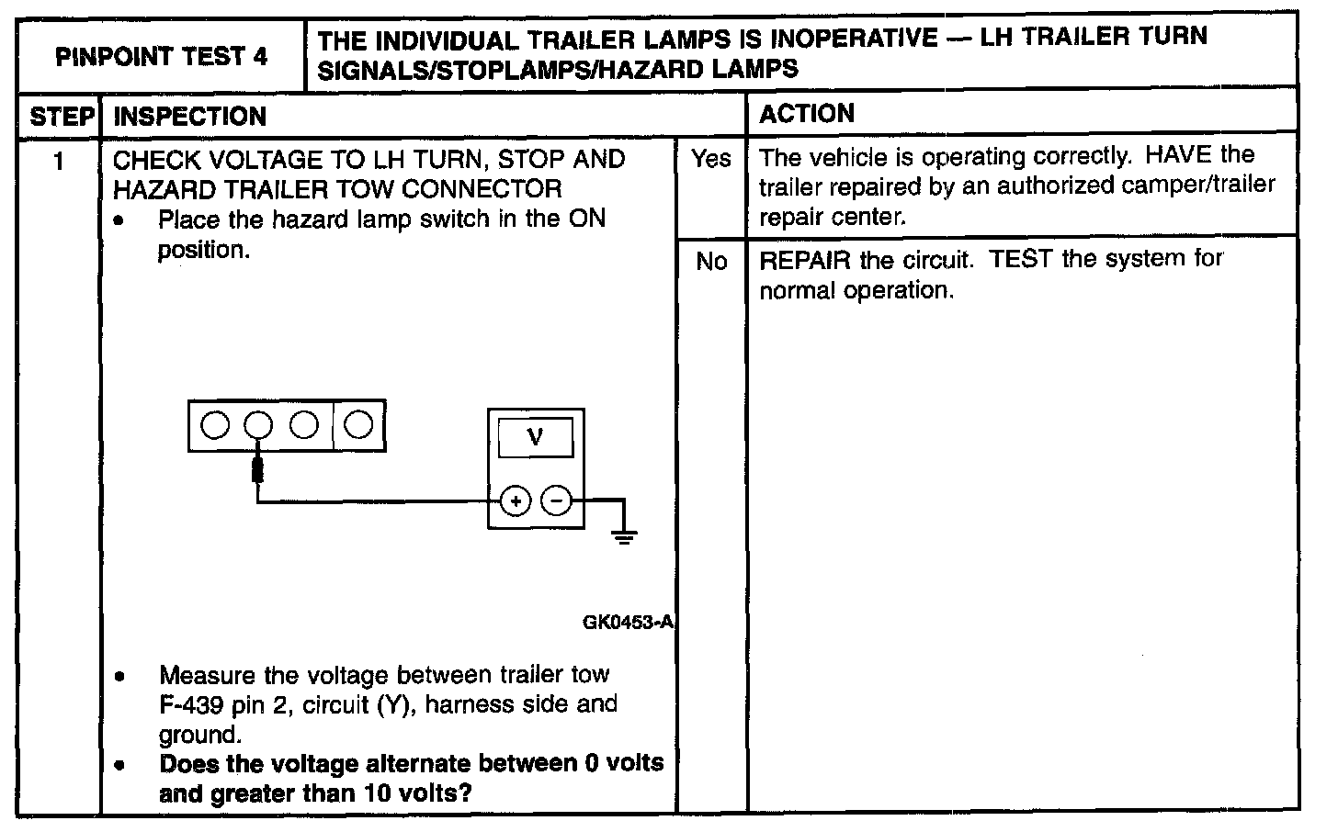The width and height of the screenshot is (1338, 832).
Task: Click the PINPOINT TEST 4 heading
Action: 162,57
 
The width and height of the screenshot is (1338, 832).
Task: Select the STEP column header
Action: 62,117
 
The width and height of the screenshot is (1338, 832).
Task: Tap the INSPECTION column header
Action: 189,117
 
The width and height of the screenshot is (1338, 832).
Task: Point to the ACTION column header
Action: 807,114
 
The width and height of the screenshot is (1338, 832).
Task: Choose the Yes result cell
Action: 711,159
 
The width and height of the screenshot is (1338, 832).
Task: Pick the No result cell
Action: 711,262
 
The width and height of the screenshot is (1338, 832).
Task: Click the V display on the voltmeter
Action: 536,438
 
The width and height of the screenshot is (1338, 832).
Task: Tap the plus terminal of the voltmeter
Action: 516,501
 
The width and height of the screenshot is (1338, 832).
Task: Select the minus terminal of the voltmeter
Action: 555,501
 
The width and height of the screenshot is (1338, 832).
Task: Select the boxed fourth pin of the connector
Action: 359,425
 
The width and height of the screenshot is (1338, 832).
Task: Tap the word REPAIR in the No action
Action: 804,260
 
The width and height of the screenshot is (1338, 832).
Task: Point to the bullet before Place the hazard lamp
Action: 120,221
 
